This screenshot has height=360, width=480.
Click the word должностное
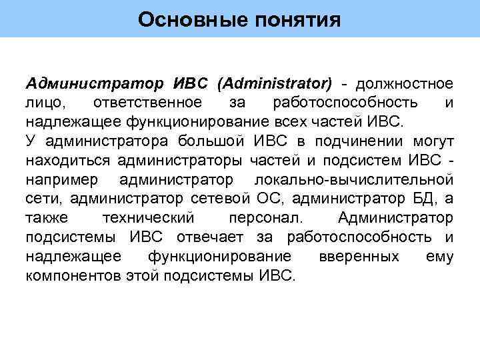point(405,84)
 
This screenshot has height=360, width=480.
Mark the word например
point(63,180)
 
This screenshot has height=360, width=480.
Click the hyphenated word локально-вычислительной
point(354,180)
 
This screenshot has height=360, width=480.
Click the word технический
point(149,219)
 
